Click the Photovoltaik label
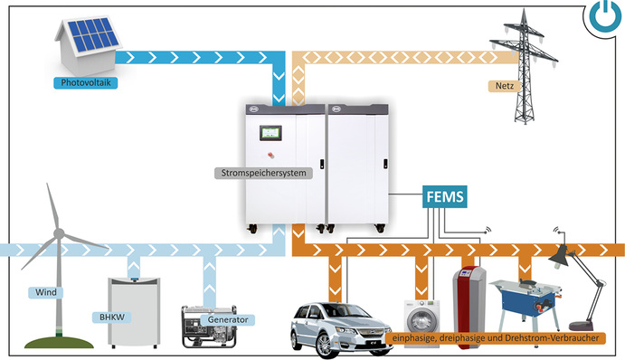click(x=86, y=82)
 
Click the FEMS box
click(x=448, y=196)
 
